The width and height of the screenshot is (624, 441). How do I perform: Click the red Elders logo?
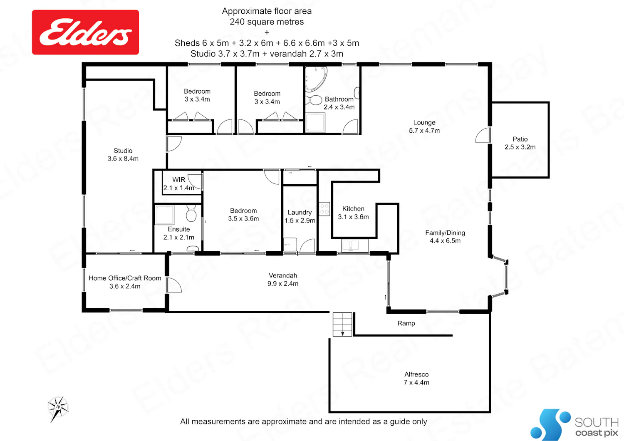85,32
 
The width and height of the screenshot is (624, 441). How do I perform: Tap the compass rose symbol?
58,409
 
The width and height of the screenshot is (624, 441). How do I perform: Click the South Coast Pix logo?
574,424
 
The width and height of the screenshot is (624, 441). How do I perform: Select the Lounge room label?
424,122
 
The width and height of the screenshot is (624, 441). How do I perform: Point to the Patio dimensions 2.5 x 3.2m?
520,147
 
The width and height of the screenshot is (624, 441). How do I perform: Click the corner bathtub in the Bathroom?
316,79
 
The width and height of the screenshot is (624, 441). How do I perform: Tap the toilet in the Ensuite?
191,213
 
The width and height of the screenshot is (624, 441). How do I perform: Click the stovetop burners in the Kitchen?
324,209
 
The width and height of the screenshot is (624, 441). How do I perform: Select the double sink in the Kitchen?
351,246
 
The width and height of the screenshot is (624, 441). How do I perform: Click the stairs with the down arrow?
342,324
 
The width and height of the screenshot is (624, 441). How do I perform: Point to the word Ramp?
406,323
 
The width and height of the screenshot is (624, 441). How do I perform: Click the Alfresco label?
416,374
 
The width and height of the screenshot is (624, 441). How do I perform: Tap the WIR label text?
178,180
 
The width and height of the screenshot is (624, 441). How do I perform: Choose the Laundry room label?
300,212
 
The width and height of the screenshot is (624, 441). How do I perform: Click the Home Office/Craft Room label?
125,278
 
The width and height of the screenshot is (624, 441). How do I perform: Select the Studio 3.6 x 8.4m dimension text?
123,159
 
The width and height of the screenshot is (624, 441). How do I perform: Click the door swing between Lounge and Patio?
483,135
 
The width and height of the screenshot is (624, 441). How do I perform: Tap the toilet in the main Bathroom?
314,100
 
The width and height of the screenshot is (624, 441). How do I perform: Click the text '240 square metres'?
267,22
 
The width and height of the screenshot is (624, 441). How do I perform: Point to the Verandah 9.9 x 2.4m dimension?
283,284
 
